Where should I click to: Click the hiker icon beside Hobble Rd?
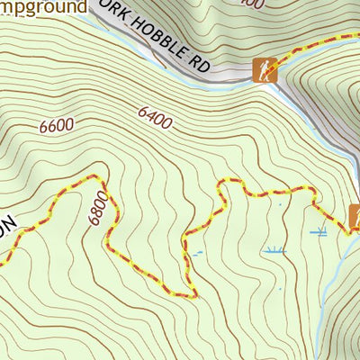(264, 70)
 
